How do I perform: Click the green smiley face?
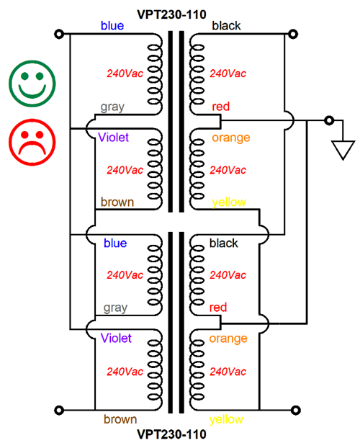(x=32, y=84)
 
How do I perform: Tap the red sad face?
(x=32, y=142)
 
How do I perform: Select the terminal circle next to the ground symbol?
(x=329, y=120)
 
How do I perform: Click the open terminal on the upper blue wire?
(x=59, y=34)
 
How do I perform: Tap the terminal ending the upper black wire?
(x=293, y=34)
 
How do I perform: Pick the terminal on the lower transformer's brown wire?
(x=59, y=410)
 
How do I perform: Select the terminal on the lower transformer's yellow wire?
(x=295, y=410)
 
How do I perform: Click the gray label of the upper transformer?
(x=112, y=107)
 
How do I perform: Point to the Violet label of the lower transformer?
(x=116, y=338)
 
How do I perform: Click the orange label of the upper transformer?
(x=231, y=138)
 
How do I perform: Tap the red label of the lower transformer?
(x=218, y=308)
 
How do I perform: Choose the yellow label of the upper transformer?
(x=229, y=202)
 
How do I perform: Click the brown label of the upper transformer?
(x=117, y=202)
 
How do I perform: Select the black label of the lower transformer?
(x=224, y=243)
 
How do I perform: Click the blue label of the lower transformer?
(x=115, y=243)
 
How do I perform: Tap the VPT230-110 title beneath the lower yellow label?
(x=171, y=434)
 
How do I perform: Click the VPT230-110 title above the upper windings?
(x=171, y=14)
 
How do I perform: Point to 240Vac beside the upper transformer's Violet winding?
(x=125, y=170)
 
